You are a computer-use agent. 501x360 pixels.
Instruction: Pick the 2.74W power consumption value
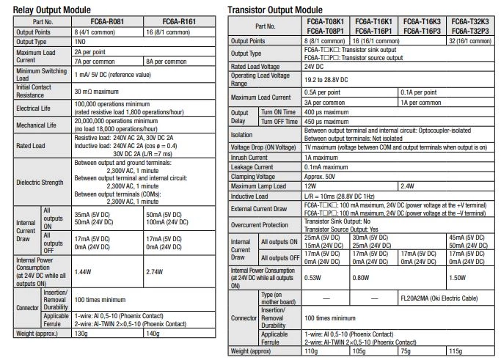pyautogui.click(x=156, y=271)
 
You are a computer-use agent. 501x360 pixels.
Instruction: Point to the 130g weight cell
pyautogui.click(x=81, y=333)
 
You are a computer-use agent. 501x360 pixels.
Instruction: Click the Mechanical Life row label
pyautogui.click(x=37, y=125)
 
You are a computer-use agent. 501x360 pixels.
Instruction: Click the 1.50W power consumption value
pyautogui.click(x=456, y=278)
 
